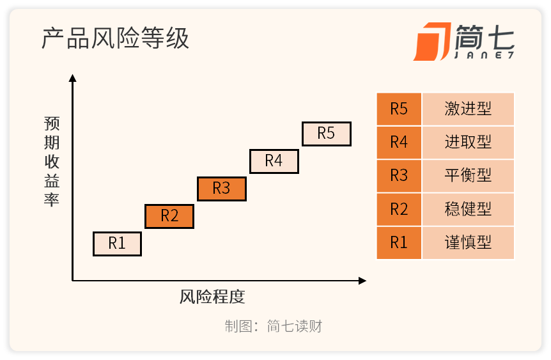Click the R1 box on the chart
tap(117, 244)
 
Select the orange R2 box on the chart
tap(169, 216)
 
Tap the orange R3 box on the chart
tap(222, 189)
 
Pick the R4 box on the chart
tap(274, 161)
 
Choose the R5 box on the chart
tap(327, 134)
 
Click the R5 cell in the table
tap(399, 109)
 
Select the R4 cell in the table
tap(399, 143)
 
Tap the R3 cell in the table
tap(399, 176)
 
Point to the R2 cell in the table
tap(399, 209)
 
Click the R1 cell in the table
tap(399, 242)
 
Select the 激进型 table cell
tap(468, 109)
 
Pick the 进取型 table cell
tap(468, 143)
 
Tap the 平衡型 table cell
tap(468, 176)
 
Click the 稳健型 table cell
tap(468, 209)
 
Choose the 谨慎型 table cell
tap(468, 242)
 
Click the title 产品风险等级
tap(115, 38)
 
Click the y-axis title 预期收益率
tap(52, 161)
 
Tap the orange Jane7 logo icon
tap(432, 42)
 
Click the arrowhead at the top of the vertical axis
tap(73, 78)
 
